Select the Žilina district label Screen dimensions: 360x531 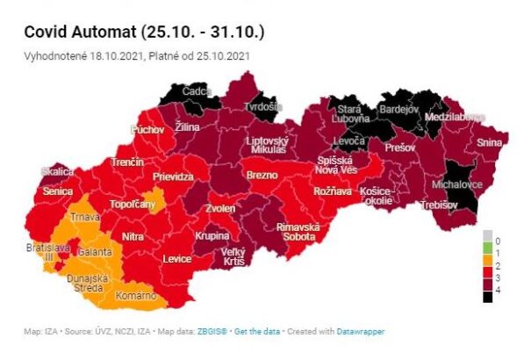(x=188, y=127)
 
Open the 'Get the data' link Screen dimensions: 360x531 (x=257, y=331)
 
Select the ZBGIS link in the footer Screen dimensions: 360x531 (x=212, y=331)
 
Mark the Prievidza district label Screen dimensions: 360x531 (x=174, y=176)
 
